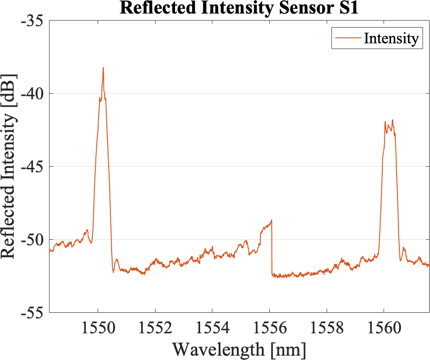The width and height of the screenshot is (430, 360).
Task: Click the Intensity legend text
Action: pos(391,38)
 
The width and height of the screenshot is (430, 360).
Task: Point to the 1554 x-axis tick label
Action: pos(212,328)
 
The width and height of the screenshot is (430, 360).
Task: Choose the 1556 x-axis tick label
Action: pos(269,328)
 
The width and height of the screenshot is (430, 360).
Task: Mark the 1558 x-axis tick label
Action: pos(326,328)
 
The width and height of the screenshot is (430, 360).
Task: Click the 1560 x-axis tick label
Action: pos(384,328)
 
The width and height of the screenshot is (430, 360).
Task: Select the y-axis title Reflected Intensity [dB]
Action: pos(10,166)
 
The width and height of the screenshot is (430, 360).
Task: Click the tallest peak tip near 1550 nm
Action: pos(103,68)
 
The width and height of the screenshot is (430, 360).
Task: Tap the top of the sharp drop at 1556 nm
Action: pos(271,220)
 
